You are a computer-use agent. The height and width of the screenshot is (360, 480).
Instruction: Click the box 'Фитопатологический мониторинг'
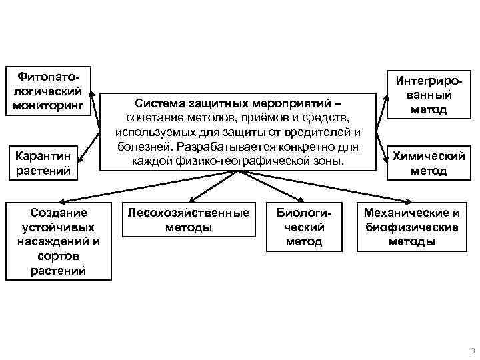[x=48, y=90]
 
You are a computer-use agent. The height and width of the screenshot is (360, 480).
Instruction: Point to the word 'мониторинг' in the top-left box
[x=48, y=105]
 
